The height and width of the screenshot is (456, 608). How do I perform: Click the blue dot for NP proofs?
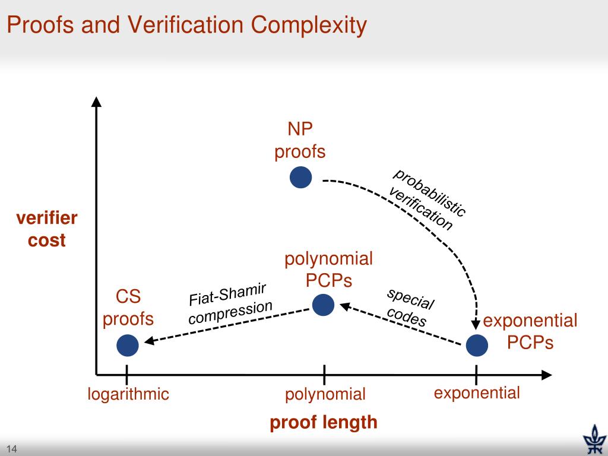301,177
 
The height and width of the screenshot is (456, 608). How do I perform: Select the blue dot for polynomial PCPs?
324,305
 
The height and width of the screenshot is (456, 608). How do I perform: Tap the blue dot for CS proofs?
128,344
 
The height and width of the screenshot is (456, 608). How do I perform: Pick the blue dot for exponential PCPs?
476,344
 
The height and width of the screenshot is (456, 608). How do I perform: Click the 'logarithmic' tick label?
128,394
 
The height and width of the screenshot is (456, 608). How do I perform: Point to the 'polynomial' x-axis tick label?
325,394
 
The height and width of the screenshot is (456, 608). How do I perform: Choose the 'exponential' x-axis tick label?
477,392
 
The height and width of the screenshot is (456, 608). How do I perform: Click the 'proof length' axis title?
324,422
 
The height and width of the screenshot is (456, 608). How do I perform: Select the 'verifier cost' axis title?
47,229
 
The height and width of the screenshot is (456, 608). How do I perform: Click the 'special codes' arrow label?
410,308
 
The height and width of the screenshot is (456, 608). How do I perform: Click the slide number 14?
12,448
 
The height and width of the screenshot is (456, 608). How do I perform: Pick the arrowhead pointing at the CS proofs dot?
148,341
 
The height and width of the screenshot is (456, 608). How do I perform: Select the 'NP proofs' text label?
300,140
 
